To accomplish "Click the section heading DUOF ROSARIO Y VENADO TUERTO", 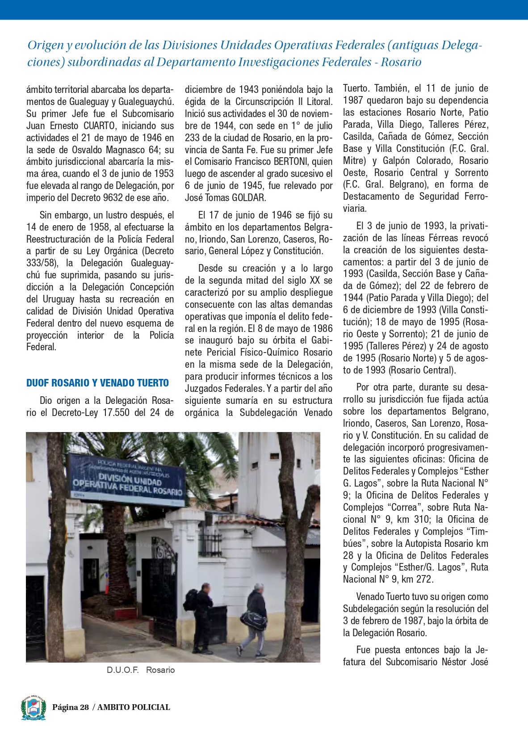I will pos(97,383).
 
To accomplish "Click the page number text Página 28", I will pos(71,707).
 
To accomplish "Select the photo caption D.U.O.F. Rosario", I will pos(141,670).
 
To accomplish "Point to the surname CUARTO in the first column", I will pos(100,126).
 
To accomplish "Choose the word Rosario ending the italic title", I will pos(401,62).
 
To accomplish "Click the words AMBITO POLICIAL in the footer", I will pos(134,707).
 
